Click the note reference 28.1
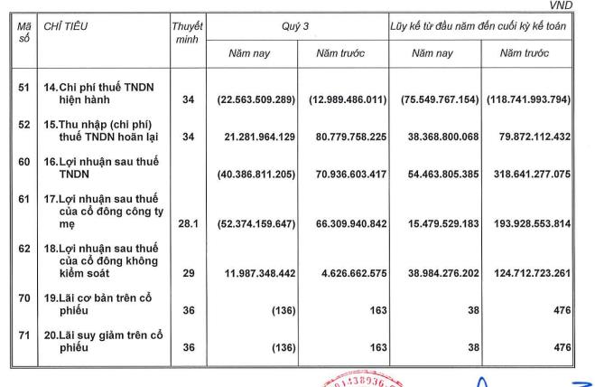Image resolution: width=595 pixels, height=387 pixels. [187, 222]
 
